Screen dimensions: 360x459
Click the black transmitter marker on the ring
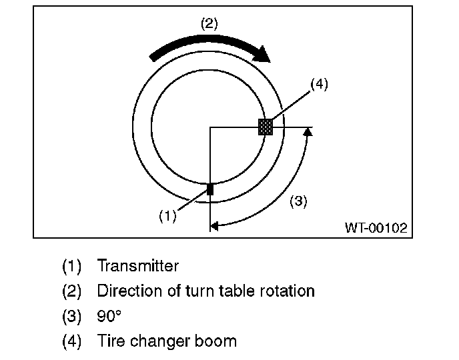coord(209,189)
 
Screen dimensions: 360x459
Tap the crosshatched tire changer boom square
coord(266,127)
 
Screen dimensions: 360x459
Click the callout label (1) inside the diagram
coord(167,216)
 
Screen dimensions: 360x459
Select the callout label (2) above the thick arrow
coord(209,24)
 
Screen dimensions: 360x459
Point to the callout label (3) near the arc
coord(298,201)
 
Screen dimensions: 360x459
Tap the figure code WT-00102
coord(375,227)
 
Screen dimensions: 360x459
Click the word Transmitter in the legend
coord(138,266)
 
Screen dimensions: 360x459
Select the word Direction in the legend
coord(124,291)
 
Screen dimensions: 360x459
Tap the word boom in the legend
coord(217,342)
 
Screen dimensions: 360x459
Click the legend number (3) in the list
coord(71,317)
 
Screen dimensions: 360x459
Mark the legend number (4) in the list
coord(71,342)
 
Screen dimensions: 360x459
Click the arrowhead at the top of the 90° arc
coord(307,132)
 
